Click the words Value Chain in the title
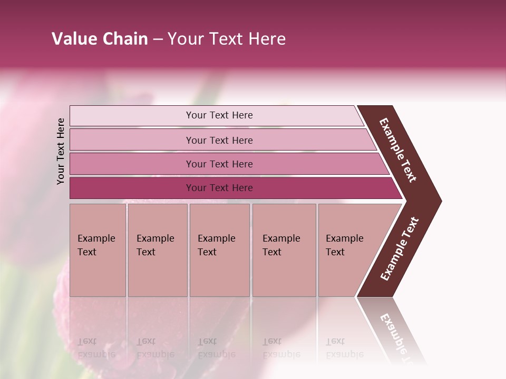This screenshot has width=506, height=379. click(x=100, y=39)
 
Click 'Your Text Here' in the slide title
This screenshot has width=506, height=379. click(x=227, y=39)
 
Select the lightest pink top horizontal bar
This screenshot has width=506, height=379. click(x=132, y=116)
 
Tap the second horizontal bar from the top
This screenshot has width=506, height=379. click(x=132, y=140)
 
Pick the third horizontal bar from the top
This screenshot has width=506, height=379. click(x=132, y=164)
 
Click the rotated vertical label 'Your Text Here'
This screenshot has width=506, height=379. click(x=61, y=152)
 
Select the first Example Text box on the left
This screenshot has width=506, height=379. click(x=98, y=250)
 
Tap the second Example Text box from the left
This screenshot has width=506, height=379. click(x=157, y=250)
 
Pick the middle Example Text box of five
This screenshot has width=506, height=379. click(x=219, y=250)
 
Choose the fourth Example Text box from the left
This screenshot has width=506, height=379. click(x=284, y=250)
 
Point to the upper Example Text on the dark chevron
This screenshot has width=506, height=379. click(x=398, y=150)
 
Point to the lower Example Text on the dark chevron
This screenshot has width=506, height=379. click(x=400, y=249)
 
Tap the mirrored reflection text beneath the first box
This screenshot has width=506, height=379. click(x=96, y=347)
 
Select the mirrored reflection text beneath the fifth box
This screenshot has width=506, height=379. click(x=344, y=347)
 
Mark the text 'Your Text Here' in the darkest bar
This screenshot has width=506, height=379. click(x=219, y=188)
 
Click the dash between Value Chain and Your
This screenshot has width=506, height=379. click(x=158, y=39)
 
